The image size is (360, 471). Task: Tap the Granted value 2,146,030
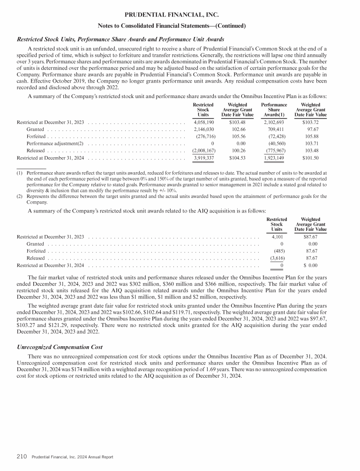[203, 129]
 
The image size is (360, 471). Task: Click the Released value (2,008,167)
[203, 150]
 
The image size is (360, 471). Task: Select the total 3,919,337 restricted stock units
[203, 158]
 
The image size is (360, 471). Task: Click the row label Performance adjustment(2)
[55, 143]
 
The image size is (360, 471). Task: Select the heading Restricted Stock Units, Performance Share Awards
[120, 39]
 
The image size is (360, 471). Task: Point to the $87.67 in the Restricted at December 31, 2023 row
[311, 236]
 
